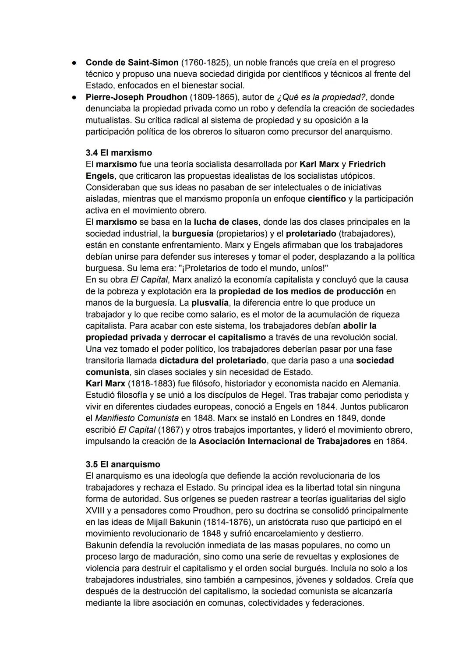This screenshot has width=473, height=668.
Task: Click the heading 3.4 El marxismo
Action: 119,153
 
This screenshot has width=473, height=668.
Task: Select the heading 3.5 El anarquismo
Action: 123,464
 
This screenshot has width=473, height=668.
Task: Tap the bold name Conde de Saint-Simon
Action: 132,63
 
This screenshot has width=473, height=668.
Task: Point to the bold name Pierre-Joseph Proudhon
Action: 137,97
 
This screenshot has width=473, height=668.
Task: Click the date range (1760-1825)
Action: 206,63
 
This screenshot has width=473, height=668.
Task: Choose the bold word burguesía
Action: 192,233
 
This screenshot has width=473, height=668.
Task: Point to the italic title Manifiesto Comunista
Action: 137,418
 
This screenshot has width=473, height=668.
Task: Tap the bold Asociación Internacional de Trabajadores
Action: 285,441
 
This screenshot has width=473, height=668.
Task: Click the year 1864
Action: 395,441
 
